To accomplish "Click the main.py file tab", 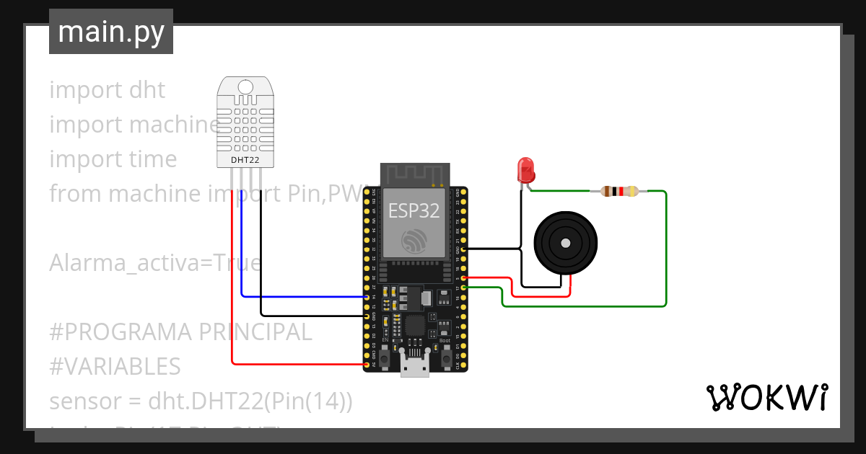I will [110, 32].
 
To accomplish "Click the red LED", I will [525, 170].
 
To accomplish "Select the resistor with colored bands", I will [619, 191].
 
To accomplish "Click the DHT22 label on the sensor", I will [245, 159].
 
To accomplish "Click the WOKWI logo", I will [766, 398].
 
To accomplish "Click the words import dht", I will [108, 90].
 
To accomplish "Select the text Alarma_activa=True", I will [154, 263].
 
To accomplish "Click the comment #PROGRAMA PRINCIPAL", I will [180, 332].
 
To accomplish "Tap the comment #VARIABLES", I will [115, 367].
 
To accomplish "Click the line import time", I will [113, 159].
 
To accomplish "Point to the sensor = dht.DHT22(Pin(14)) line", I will [201, 401].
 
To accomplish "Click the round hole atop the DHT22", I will [245, 87].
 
